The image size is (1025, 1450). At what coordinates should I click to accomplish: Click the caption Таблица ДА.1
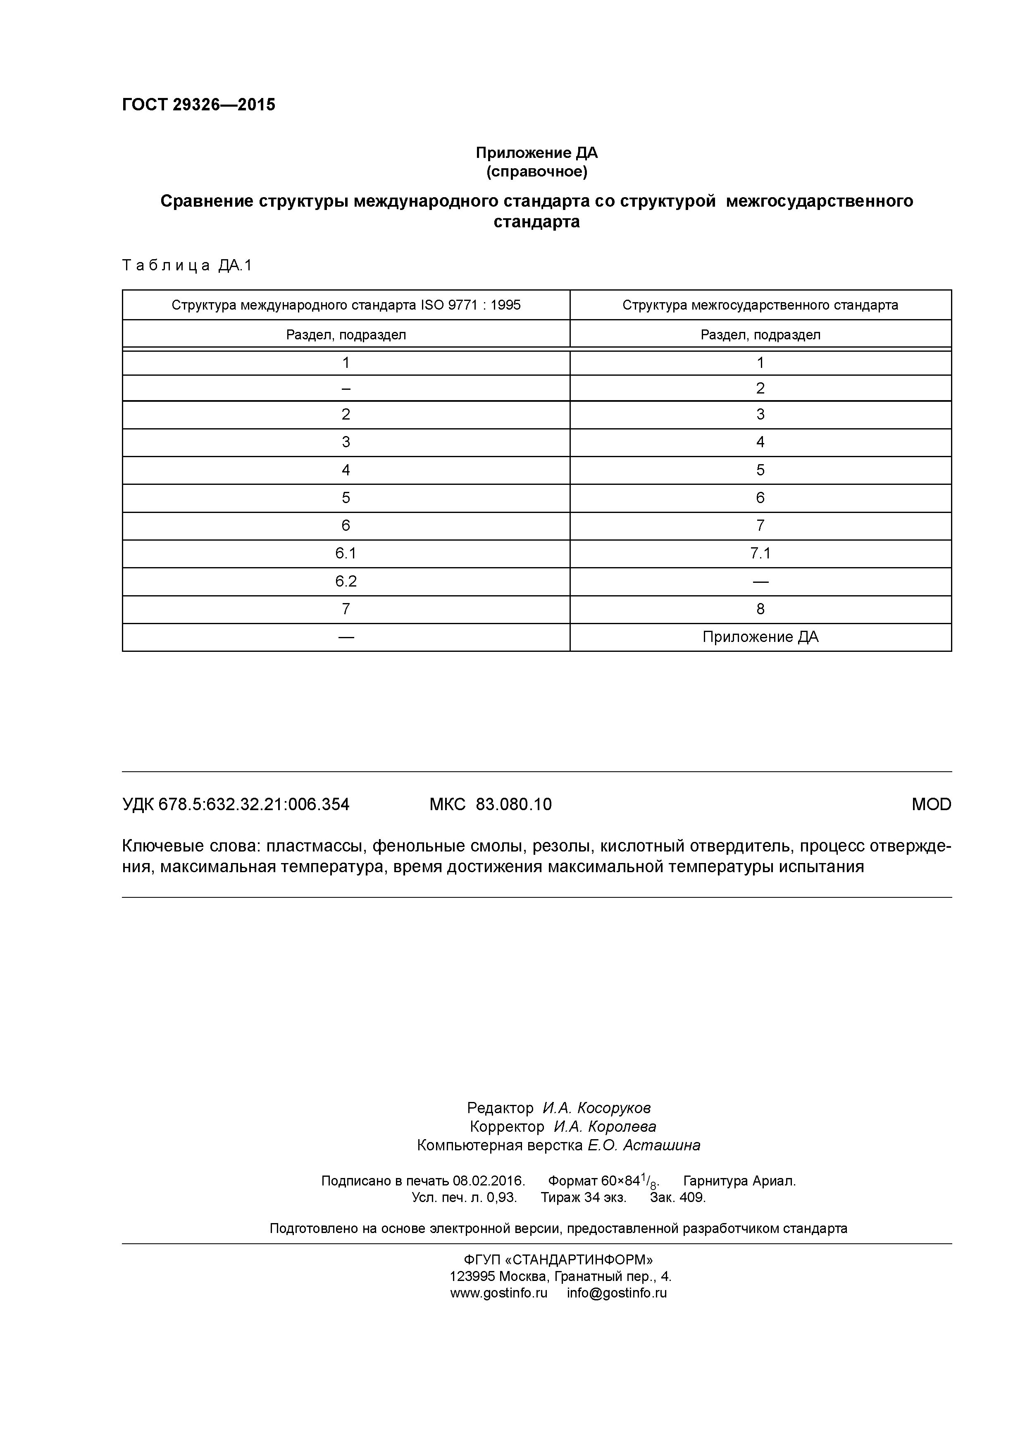[x=187, y=265]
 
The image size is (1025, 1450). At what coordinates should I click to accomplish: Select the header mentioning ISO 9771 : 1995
[x=346, y=305]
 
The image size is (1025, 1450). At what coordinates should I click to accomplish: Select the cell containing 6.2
[x=346, y=582]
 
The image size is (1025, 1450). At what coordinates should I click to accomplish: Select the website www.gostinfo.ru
[x=498, y=1293]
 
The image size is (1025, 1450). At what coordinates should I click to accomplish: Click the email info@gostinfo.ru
[x=616, y=1293]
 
